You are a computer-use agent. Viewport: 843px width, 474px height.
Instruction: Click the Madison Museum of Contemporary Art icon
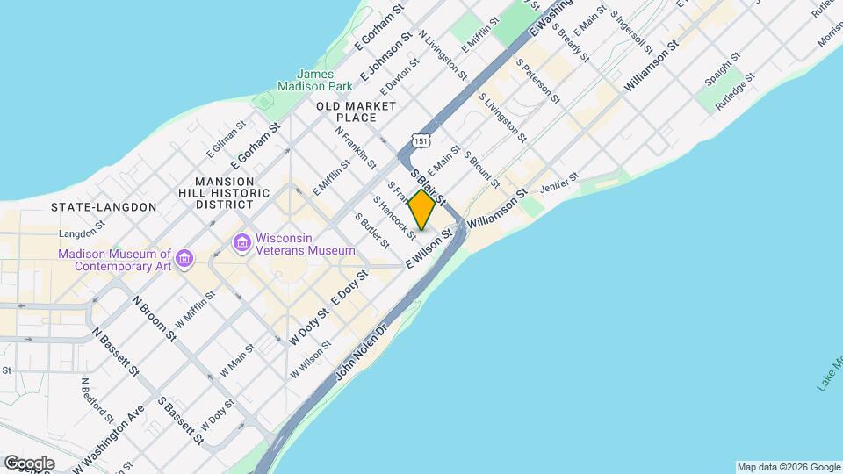tap(184, 258)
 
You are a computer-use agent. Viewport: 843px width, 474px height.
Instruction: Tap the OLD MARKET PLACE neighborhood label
tap(357, 111)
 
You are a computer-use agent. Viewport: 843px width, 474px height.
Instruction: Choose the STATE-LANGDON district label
tap(104, 207)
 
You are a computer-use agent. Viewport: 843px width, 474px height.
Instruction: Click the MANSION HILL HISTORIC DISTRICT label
tap(224, 192)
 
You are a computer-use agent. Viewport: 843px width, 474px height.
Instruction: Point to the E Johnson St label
tap(384, 54)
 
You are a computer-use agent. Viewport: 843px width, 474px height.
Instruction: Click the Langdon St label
tap(82, 234)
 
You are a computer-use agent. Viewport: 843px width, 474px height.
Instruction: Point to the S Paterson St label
tap(537, 82)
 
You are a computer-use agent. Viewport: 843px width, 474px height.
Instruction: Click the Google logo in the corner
tap(29, 463)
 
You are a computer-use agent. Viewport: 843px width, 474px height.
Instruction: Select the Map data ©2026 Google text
tap(787, 467)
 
